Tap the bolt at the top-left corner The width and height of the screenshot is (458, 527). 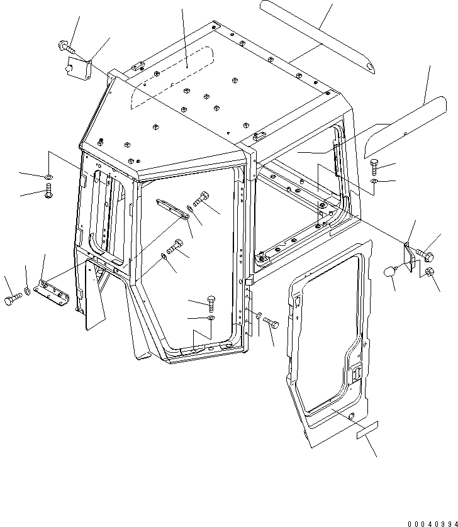(x=65, y=45)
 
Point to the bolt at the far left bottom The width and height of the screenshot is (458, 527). (x=11, y=301)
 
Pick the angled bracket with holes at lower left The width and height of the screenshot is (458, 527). (x=53, y=291)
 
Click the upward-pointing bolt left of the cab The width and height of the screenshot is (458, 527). (x=49, y=192)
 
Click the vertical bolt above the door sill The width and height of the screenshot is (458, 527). (x=211, y=302)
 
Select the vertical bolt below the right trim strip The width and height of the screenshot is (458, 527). (x=374, y=166)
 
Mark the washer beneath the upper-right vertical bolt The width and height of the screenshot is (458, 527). (x=375, y=182)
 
